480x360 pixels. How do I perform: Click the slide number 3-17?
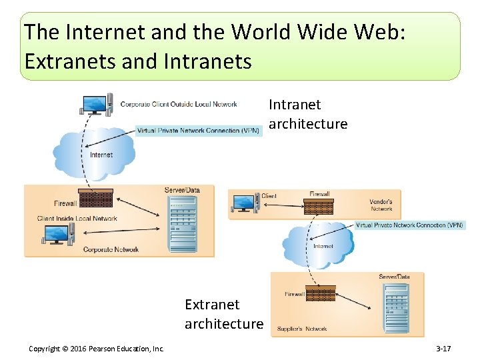(443, 349)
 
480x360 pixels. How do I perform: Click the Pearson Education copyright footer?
(97, 349)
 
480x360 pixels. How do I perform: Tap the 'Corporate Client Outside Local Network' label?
(179, 104)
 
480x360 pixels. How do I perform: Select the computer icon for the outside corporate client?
(93, 105)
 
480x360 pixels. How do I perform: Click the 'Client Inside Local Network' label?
(77, 218)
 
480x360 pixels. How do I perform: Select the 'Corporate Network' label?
(111, 249)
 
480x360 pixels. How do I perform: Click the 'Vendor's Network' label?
(381, 205)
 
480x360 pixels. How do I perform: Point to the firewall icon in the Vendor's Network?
(319, 205)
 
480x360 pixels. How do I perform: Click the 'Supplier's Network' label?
(302, 329)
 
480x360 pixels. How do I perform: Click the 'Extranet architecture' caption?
(223, 314)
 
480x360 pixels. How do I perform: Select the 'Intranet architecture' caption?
(307, 114)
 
